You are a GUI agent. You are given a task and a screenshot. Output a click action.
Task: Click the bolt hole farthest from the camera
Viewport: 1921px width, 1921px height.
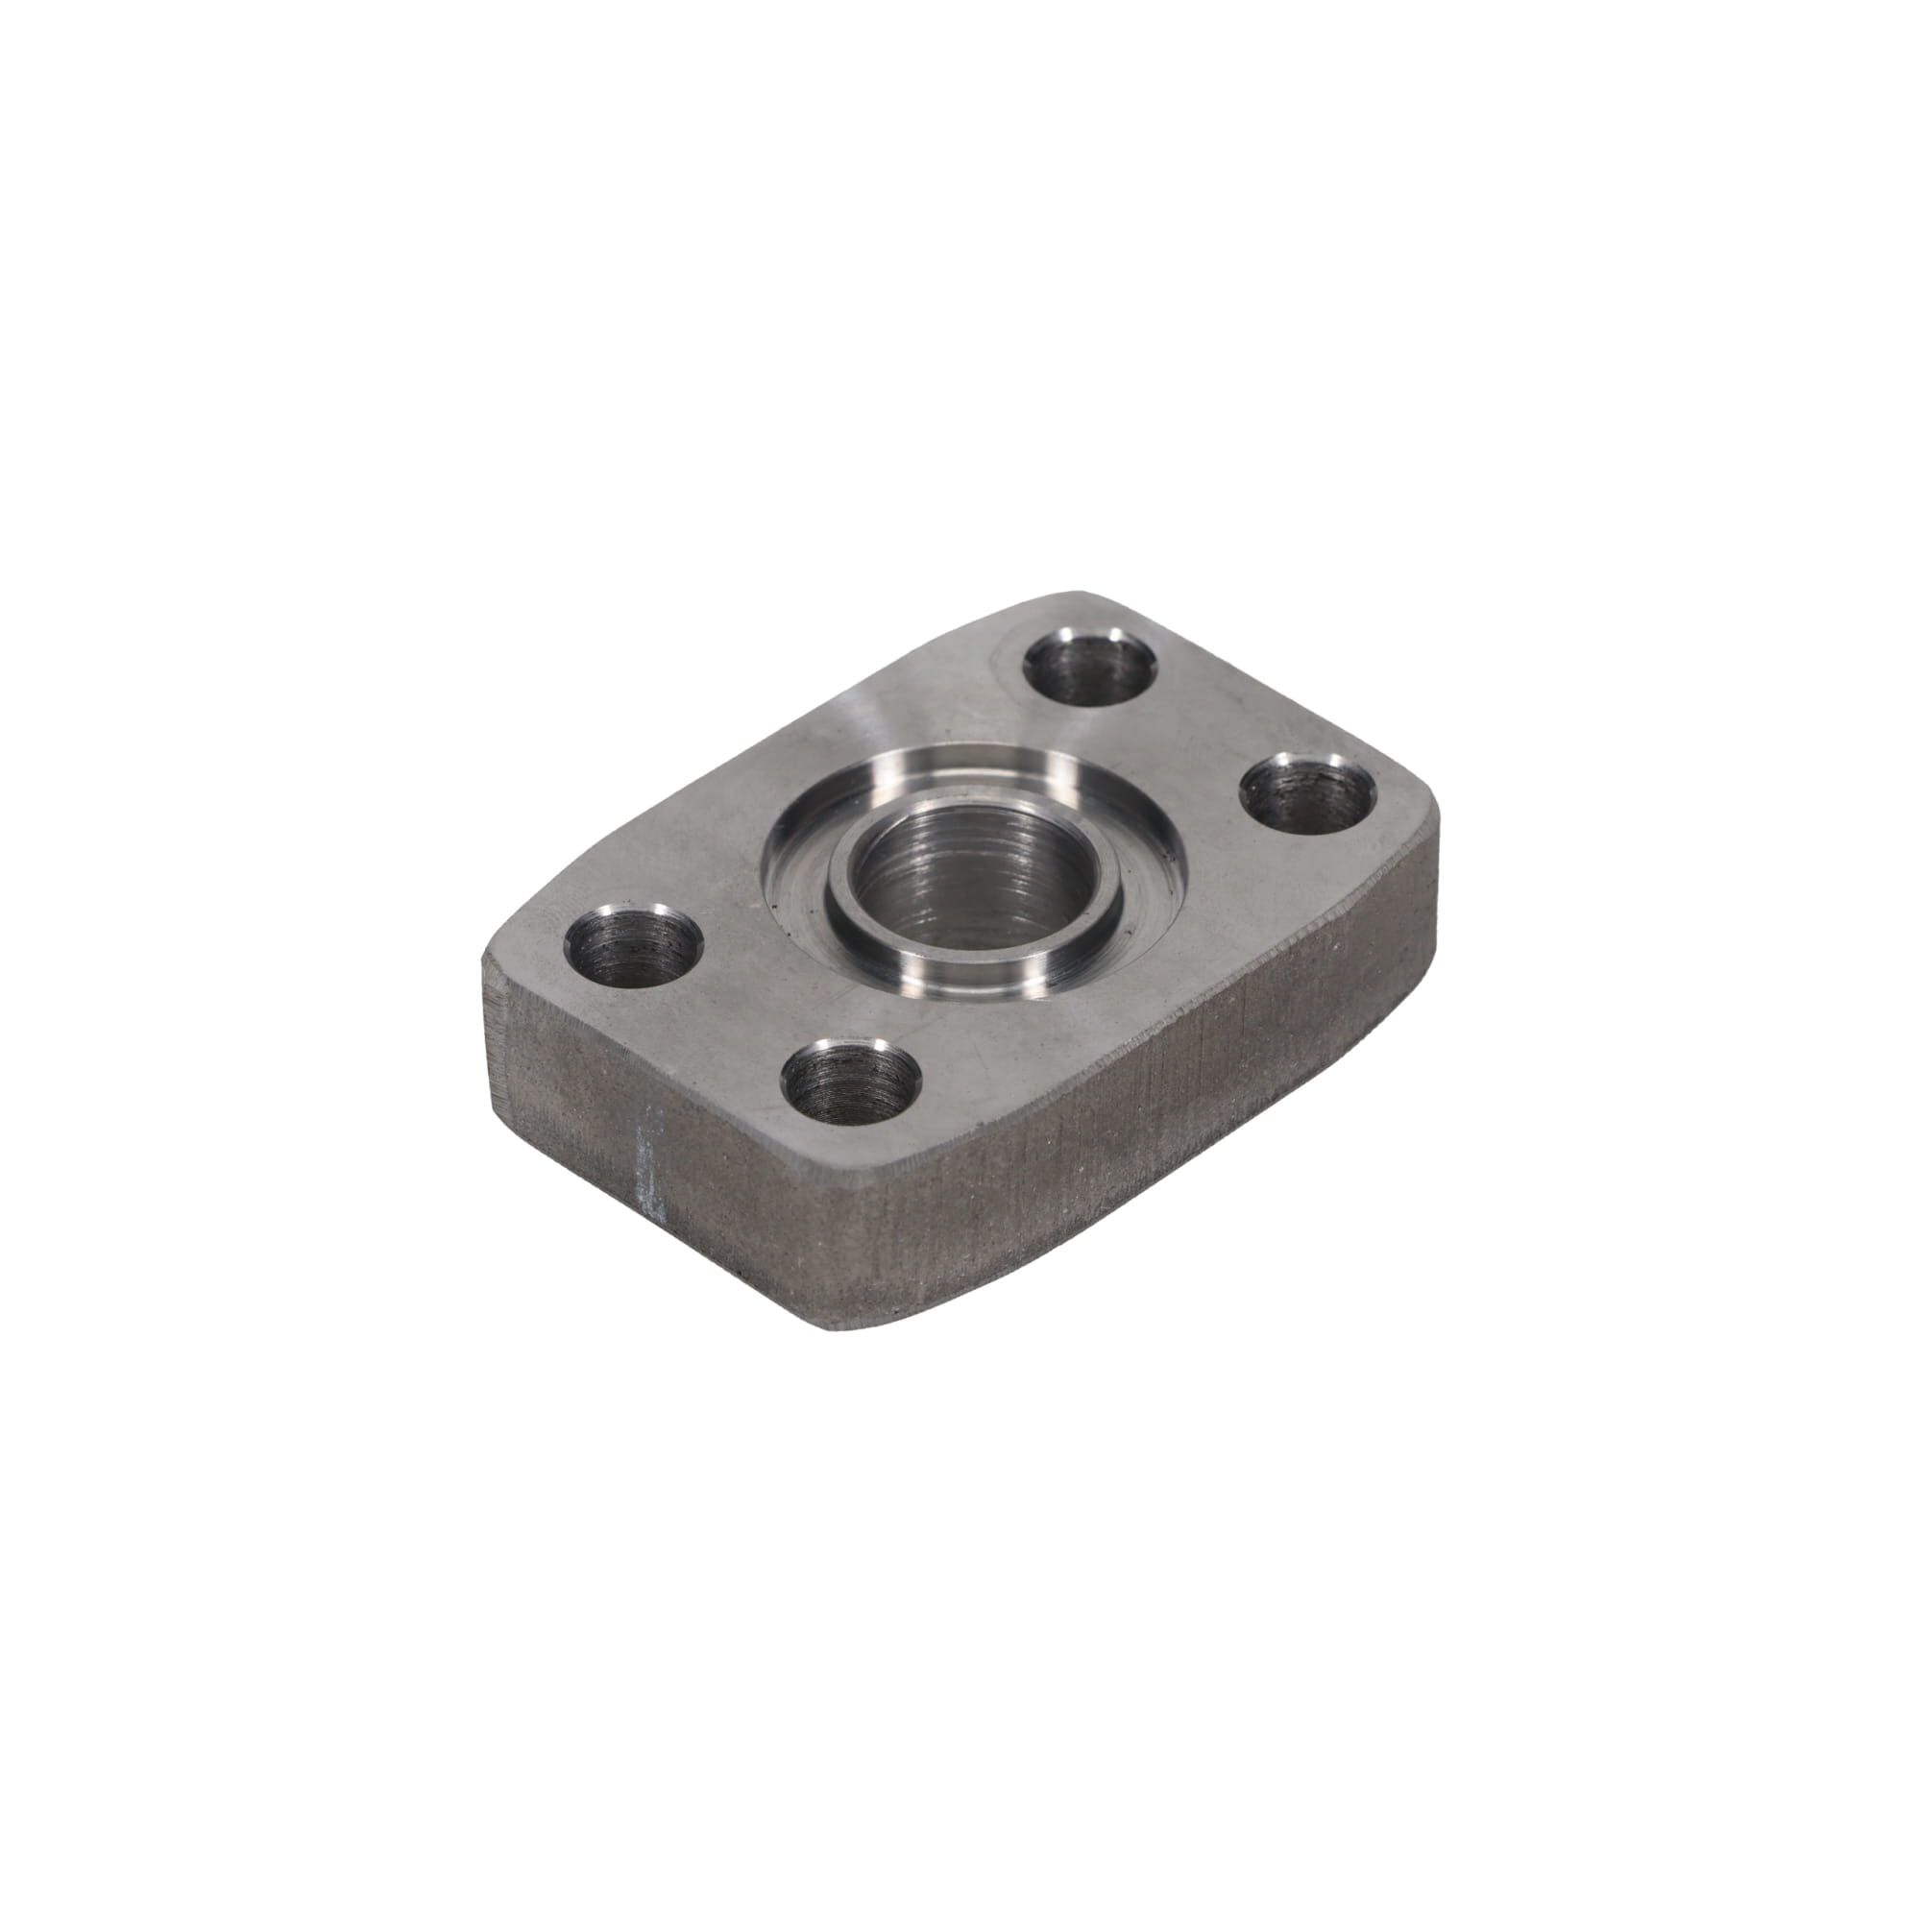[x=1092, y=669]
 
